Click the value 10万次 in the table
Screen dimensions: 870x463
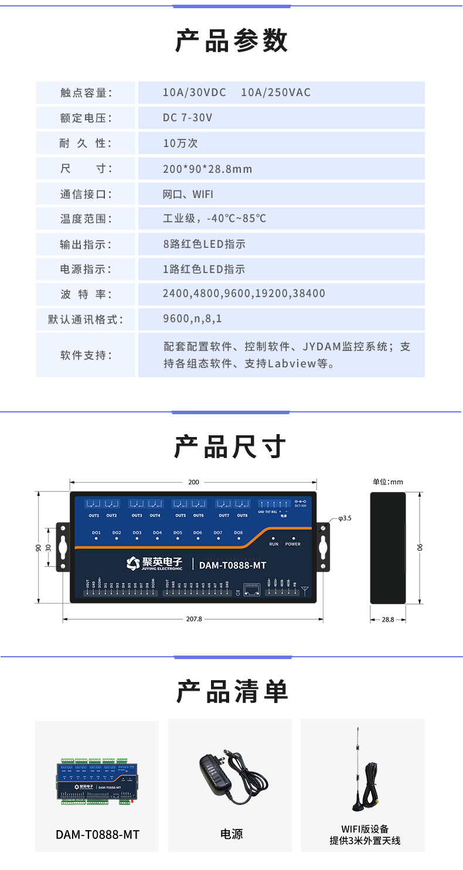tap(181, 143)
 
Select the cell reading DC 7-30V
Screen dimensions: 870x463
tap(188, 118)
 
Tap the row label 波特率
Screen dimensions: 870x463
tap(86, 294)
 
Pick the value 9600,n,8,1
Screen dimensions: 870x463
tap(192, 319)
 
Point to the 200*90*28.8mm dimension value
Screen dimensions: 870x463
tap(207, 169)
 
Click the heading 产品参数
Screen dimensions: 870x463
tap(231, 41)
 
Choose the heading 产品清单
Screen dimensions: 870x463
tap(231, 691)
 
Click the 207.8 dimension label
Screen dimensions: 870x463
tap(193, 619)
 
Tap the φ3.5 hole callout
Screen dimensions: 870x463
tap(345, 518)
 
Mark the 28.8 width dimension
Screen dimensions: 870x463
tap(388, 619)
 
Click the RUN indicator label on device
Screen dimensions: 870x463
tap(274, 544)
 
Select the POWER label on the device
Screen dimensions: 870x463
tap(293, 544)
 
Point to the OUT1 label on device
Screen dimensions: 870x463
tap(94, 516)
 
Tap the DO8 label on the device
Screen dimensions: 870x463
tap(238, 533)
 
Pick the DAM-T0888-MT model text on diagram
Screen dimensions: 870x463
tap(233, 565)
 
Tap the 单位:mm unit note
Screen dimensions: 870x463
tap(388, 482)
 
